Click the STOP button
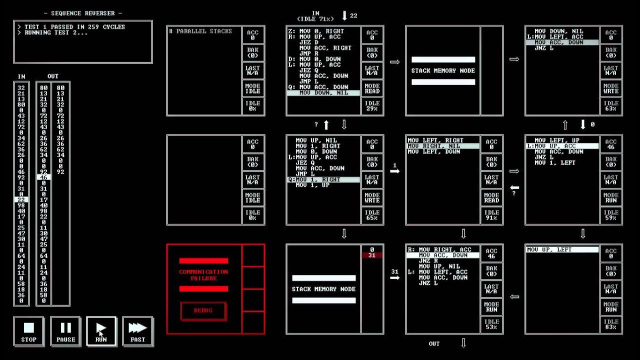(x=28, y=331)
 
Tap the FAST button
(x=137, y=331)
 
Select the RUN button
(x=101, y=331)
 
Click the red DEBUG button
(x=203, y=310)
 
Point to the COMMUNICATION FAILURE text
(x=203, y=274)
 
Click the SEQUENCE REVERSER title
(x=83, y=13)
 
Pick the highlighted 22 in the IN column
(x=21, y=199)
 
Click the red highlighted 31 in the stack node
(x=371, y=255)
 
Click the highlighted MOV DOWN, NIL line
(x=323, y=93)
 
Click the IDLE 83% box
(x=611, y=324)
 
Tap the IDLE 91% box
(x=491, y=215)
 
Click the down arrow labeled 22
(x=344, y=16)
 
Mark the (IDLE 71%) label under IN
(x=315, y=19)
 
